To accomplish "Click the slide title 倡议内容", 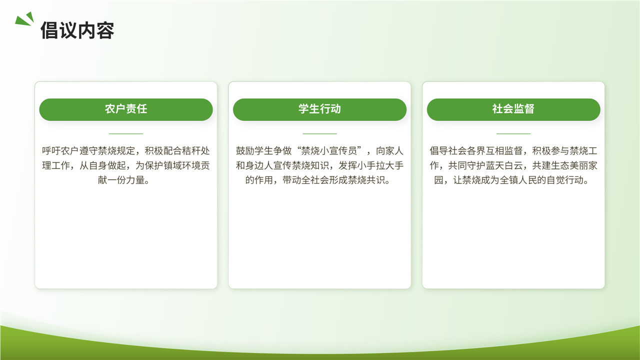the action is tap(77, 30).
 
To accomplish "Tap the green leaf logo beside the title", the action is tap(24, 19).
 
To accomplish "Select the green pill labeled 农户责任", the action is tap(126, 109).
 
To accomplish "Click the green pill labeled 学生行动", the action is tap(319, 109).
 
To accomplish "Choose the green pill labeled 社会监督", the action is tap(513, 109).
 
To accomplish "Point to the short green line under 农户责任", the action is tap(126, 133).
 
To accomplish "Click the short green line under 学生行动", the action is tap(319, 133).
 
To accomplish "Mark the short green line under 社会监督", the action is tap(513, 133).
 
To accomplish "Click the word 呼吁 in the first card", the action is tap(51, 150).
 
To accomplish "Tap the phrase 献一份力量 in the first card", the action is tap(121, 180).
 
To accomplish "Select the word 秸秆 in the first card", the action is tap(191, 150).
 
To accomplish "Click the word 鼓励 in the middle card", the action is tap(245, 150).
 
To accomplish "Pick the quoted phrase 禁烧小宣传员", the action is tap(329, 150).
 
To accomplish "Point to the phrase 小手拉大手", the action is tap(380, 165).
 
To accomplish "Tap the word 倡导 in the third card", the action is tap(438, 150).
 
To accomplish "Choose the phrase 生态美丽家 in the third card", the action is tap(574, 165).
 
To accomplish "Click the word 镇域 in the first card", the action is tap(172, 165).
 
